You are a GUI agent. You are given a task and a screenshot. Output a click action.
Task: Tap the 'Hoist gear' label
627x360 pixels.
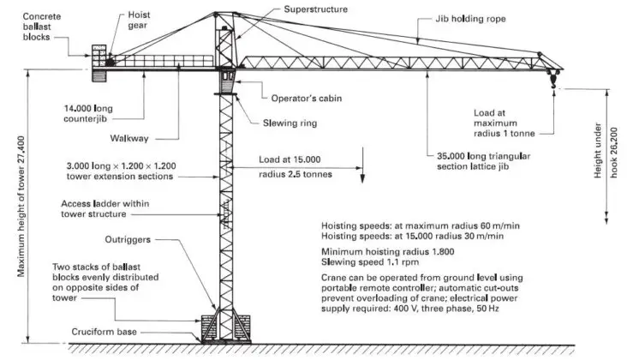140,21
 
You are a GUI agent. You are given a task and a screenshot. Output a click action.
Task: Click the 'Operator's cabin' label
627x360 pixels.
296,98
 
